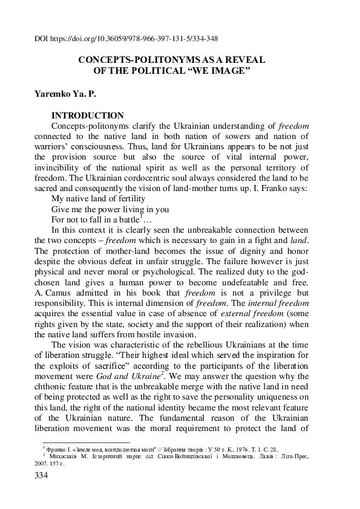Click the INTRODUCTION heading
tap(88, 115)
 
